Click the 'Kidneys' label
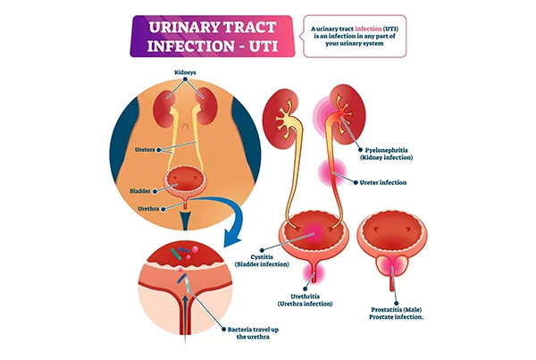click(185, 72)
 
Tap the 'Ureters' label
click(145, 150)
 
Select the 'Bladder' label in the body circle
click(140, 191)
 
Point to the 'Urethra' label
click(148, 208)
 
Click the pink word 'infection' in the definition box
click(368, 29)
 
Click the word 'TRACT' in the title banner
click(247, 28)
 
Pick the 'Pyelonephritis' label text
click(386, 150)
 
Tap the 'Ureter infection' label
click(383, 182)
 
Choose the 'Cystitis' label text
click(262, 257)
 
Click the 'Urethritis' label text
click(305, 297)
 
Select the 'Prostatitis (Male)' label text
click(397, 310)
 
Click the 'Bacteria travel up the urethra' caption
click(253, 333)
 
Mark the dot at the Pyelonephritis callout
click(360, 150)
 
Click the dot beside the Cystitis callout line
click(263, 251)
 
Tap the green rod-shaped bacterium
click(176, 254)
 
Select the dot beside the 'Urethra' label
click(163, 208)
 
